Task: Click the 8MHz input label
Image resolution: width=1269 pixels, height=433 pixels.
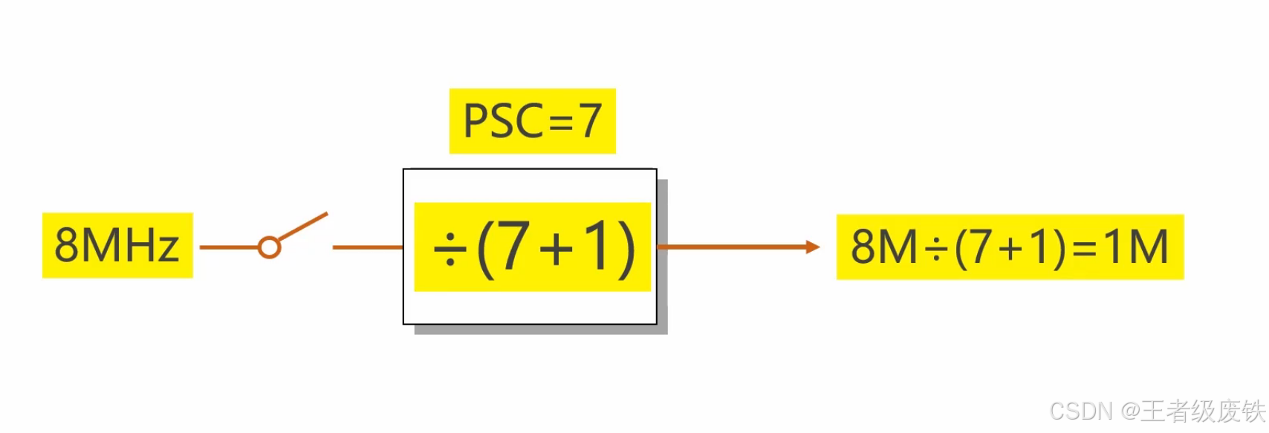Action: (x=117, y=246)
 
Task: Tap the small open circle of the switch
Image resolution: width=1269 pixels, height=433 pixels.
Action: (x=269, y=247)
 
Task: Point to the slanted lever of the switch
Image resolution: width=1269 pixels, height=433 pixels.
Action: (x=303, y=227)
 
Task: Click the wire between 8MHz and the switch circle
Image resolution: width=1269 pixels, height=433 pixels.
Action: (x=228, y=247)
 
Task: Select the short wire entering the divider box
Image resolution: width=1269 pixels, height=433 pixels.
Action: (x=367, y=247)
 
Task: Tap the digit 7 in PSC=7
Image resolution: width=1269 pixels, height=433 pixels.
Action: (x=591, y=121)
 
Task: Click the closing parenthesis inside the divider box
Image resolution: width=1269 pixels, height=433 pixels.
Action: (x=626, y=249)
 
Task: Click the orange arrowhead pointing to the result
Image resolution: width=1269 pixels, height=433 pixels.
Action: (x=813, y=247)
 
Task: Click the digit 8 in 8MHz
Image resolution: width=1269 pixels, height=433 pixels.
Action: (x=66, y=246)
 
